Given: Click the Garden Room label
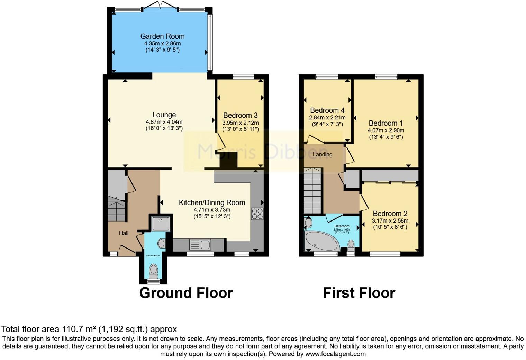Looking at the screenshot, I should pos(162,36).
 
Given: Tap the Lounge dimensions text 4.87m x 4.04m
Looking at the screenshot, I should pos(164,122).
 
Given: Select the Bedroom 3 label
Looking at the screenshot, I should pos(240,116).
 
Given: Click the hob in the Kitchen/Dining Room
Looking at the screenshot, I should pos(257,214).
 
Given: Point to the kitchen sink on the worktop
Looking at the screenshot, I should pos(200,245).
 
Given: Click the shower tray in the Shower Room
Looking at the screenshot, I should pos(161,224).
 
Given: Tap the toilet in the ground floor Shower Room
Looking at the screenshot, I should pos(153,270).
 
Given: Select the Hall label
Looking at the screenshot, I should pos(124,233).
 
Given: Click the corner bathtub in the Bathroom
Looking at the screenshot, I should pos(321,241).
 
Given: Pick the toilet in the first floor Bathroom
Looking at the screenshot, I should pos(351,245).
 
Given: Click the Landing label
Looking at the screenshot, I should pos(322,155).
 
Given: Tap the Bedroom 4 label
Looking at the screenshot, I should pos(327,110).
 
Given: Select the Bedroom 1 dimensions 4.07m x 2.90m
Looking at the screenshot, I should pos(386,130).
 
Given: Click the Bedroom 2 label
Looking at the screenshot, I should pos(390,214).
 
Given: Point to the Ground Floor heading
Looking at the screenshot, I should pos(186,293).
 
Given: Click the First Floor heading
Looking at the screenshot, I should pos(359,293).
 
